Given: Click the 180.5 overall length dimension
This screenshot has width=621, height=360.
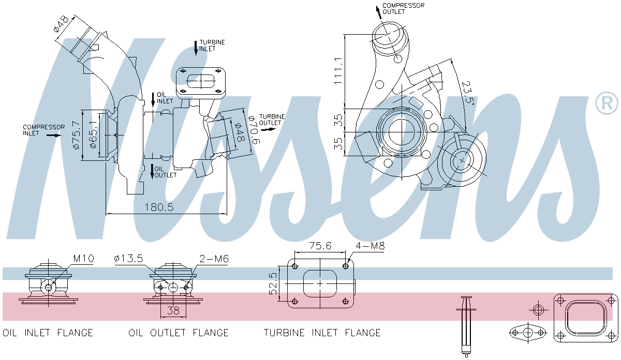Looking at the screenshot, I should point(158,207).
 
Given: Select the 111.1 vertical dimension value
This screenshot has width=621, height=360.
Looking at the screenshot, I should point(338,71).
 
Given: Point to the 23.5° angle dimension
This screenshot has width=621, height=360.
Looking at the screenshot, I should point(468,93).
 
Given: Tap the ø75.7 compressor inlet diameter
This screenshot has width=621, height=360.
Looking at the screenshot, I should point(76,136).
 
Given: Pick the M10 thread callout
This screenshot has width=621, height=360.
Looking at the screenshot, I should point(83,259).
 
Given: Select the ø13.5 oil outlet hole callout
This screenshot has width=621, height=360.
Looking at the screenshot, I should point(129,259).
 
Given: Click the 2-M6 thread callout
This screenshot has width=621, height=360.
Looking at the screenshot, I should point(214,259).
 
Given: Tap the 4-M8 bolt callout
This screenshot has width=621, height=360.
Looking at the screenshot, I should point(370,246).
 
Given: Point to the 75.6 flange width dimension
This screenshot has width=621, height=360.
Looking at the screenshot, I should point(320,246).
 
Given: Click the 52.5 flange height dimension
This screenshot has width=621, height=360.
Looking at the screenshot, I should point(273,284).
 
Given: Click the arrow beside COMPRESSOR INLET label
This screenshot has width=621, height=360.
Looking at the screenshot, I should point(53,136).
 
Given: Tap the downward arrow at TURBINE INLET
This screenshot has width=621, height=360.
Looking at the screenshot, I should point(196,48).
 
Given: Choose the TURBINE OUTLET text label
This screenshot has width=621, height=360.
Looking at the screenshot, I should point(270,119).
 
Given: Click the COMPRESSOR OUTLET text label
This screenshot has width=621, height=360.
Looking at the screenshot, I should point(403,8).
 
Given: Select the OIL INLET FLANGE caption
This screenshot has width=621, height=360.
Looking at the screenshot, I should point(48,333).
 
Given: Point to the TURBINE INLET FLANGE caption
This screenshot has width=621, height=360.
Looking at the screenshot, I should point(322,333).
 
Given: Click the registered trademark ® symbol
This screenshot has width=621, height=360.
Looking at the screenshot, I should point(607,103).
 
